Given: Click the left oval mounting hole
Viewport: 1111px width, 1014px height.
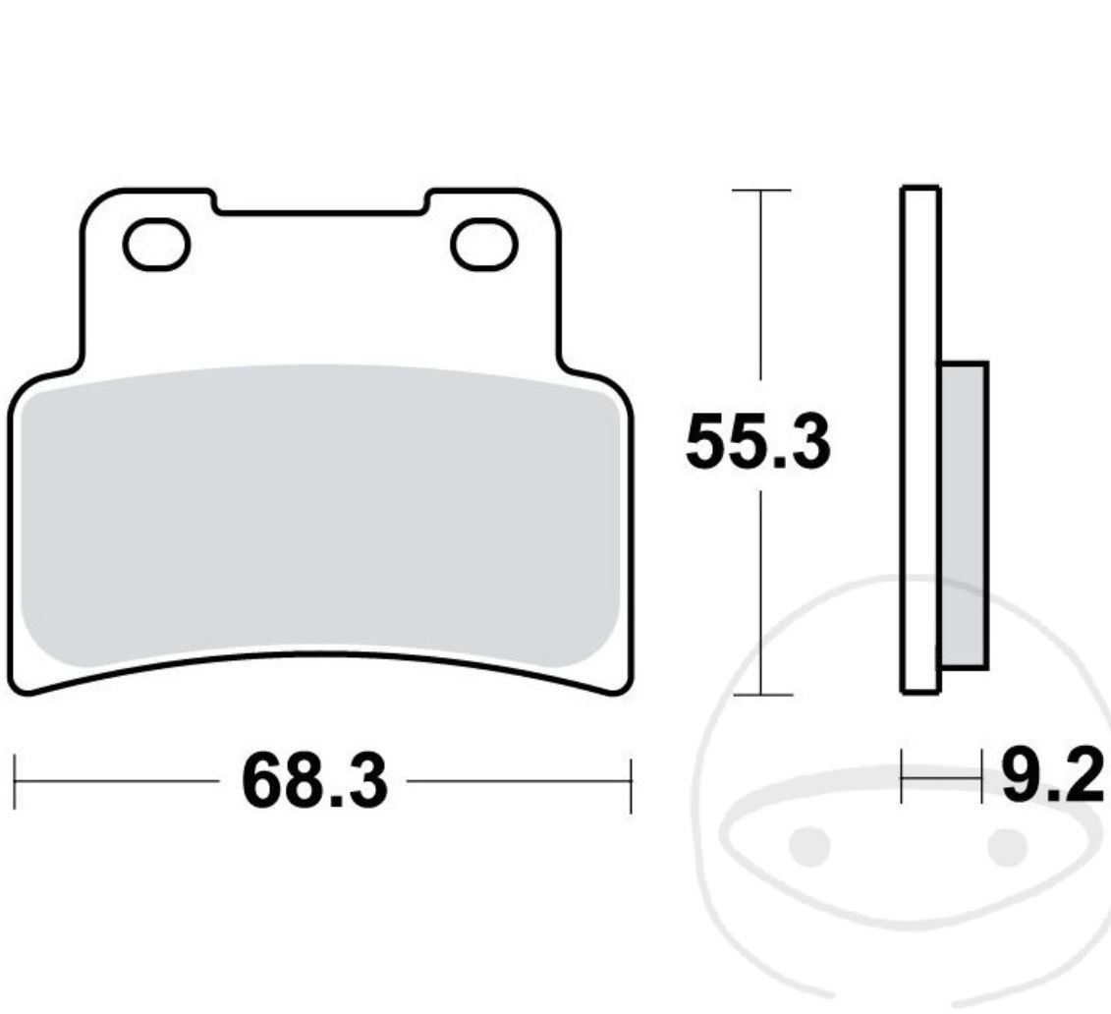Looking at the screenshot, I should click(x=156, y=246).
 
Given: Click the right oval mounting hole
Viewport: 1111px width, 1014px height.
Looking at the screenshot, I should click(x=483, y=246).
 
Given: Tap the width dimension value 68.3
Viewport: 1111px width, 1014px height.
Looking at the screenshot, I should click(x=314, y=782).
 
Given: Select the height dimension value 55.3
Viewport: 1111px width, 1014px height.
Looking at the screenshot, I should click(x=757, y=443).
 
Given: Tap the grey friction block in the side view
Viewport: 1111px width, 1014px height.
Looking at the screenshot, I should click(x=963, y=516).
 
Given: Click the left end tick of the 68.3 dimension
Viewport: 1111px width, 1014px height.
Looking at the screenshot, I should click(x=16, y=783).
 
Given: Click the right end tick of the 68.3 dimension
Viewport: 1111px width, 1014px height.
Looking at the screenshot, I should click(x=630, y=783).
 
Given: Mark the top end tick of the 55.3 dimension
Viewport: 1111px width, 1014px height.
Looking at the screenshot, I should click(x=761, y=190).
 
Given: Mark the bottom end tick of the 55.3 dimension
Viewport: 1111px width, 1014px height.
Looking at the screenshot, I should click(x=761, y=695).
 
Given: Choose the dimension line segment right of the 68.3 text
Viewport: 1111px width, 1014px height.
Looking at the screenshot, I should click(x=516, y=783).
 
